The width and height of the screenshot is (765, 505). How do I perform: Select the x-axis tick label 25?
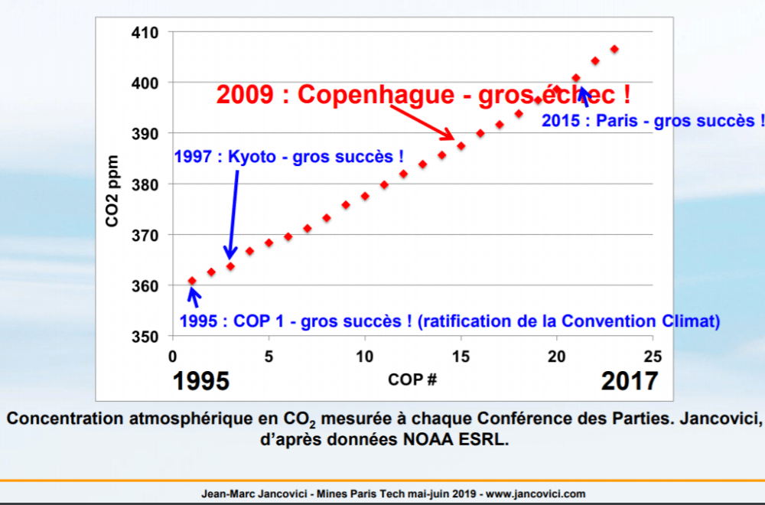(x=653, y=357)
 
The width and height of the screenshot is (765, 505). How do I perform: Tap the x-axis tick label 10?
(x=365, y=357)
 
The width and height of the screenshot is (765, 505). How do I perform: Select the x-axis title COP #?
(x=412, y=379)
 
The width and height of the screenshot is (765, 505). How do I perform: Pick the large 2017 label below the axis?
(x=630, y=380)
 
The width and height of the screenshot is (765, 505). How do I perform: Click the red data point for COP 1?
(x=192, y=281)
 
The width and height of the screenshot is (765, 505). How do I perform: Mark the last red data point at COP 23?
(x=614, y=49)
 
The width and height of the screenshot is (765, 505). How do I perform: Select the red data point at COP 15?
(x=461, y=145)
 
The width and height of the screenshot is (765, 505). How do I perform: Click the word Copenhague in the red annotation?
(x=366, y=95)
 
